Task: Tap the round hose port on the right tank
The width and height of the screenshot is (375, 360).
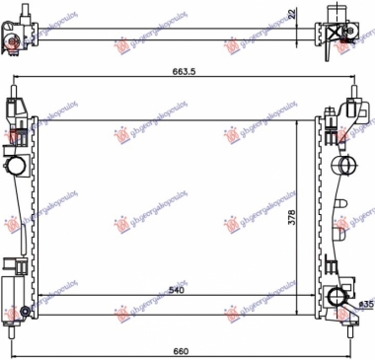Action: click(342, 162)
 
